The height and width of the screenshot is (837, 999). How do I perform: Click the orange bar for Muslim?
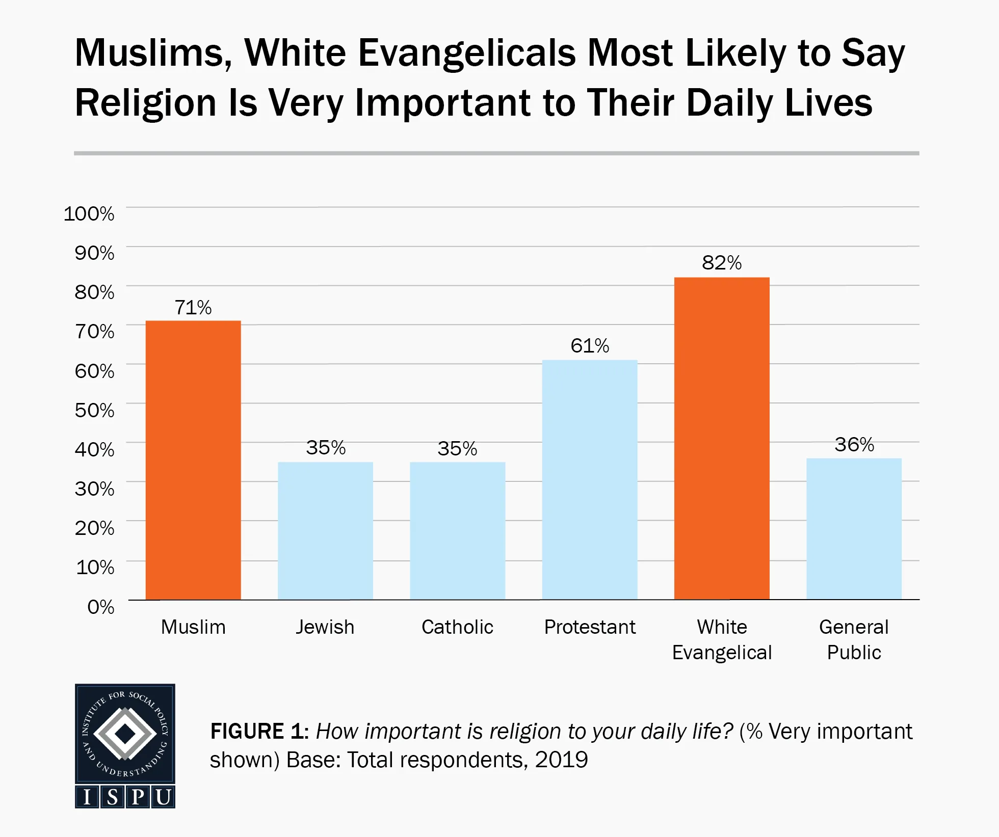pyautogui.click(x=193, y=460)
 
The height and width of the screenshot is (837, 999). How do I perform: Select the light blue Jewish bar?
pyautogui.click(x=325, y=531)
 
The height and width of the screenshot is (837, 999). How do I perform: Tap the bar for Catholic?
pyautogui.click(x=457, y=531)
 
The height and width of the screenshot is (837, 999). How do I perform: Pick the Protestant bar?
pyautogui.click(x=590, y=480)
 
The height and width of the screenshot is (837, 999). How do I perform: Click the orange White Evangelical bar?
pyautogui.click(x=722, y=438)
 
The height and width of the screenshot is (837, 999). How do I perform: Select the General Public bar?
pyautogui.click(x=854, y=529)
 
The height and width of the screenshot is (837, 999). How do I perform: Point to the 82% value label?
pyautogui.click(x=722, y=263)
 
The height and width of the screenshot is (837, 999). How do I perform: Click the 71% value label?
pyautogui.click(x=193, y=308)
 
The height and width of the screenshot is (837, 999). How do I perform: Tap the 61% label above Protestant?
pyautogui.click(x=590, y=346)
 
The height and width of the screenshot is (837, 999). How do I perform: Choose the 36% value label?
pyautogui.click(x=854, y=445)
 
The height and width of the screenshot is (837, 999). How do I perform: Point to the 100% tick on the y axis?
pyautogui.click(x=89, y=213)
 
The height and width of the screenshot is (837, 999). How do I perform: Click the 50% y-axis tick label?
pyautogui.click(x=94, y=410)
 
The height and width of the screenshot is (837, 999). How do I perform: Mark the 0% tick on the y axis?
pyautogui.click(x=100, y=607)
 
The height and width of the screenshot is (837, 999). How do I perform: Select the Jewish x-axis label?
pyautogui.click(x=325, y=627)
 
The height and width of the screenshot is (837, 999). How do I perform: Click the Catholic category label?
pyautogui.click(x=457, y=627)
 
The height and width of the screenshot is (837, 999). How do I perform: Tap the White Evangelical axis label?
pyautogui.click(x=722, y=640)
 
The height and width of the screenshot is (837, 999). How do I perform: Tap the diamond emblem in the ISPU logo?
pyautogui.click(x=125, y=734)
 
